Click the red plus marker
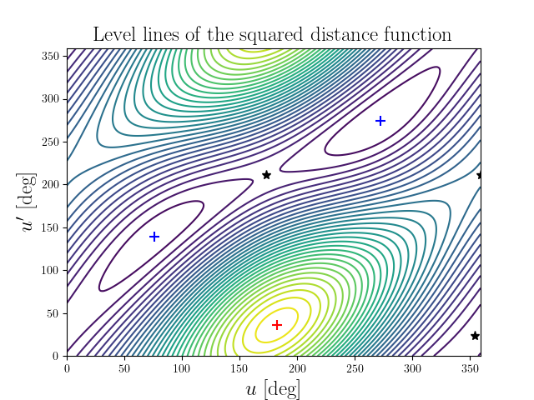[277, 324]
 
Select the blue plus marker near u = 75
[154, 237]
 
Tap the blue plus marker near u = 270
[380, 121]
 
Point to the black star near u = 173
[266, 175]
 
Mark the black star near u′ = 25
[475, 336]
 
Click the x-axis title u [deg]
[273, 388]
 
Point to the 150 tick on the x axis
[239, 367]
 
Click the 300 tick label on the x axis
[413, 367]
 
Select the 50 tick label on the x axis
[124, 367]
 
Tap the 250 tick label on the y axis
[52, 141]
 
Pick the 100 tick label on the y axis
[52, 270]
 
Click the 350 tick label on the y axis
[52, 55]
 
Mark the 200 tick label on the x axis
[297, 367]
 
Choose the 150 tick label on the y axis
[52, 227]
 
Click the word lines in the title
[163, 35]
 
